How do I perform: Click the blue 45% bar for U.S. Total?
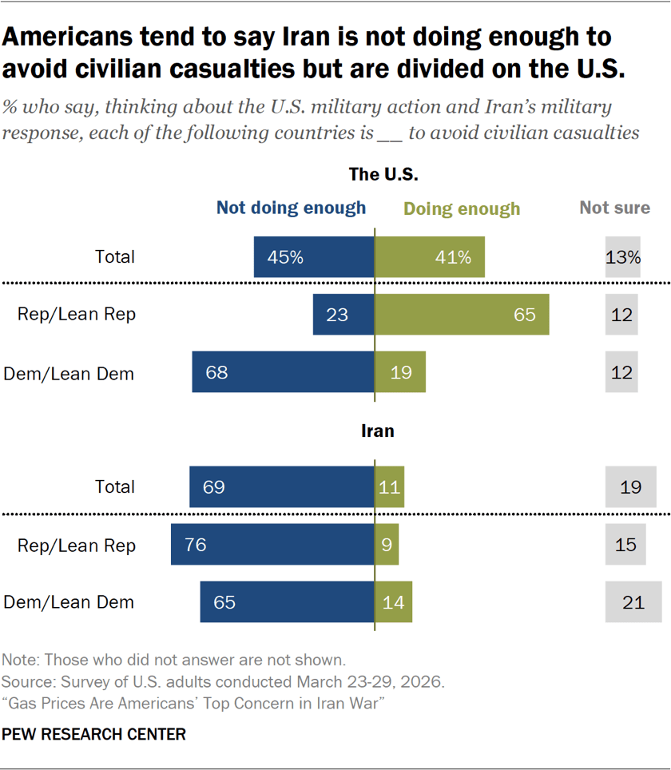click(x=313, y=257)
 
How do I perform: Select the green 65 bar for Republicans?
click(x=462, y=314)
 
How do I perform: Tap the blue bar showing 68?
click(x=283, y=372)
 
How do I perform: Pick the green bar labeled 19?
click(x=400, y=372)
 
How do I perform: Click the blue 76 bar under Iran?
click(x=272, y=545)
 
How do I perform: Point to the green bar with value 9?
click(x=387, y=545)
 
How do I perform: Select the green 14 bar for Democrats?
click(x=394, y=601)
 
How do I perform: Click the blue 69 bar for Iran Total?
click(x=281, y=487)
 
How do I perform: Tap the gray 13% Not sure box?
click(x=623, y=257)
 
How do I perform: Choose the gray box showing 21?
click(x=633, y=601)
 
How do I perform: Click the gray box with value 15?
click(x=625, y=545)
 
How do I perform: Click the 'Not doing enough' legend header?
click(x=291, y=208)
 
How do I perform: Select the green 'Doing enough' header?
click(x=462, y=209)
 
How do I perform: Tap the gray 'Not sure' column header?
click(x=614, y=208)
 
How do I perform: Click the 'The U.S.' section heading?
click(x=383, y=173)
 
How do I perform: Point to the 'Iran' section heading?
click(x=378, y=431)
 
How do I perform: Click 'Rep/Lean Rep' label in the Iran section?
click(x=77, y=546)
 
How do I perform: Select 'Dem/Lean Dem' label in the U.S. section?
click(x=69, y=372)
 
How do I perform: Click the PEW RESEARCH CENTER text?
click(x=94, y=734)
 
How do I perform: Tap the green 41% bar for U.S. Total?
click(x=430, y=257)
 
